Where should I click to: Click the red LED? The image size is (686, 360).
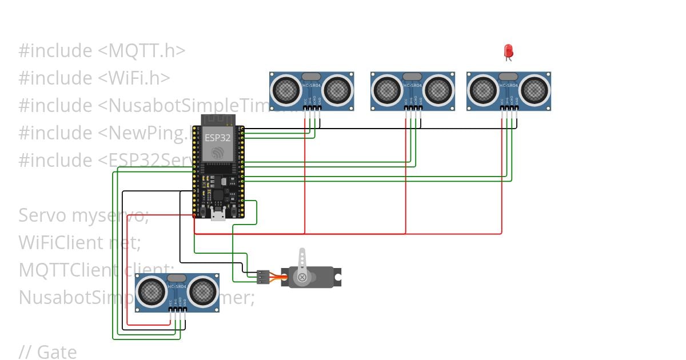click(508, 52)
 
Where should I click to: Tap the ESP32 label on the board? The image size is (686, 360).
click(217, 138)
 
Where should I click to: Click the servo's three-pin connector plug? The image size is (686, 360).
click(263, 277)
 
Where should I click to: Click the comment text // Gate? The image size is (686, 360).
click(47, 352)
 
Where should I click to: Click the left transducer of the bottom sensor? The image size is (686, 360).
click(152, 291)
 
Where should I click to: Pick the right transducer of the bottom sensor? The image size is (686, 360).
click(202, 291)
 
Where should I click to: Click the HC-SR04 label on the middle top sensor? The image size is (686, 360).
click(412, 85)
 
